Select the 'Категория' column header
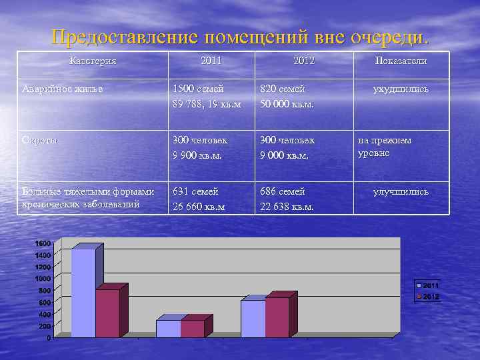coord(93,61)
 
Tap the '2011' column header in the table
coord(211,61)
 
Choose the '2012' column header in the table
coord(303,61)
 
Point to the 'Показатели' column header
coord(401,61)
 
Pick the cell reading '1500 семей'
coord(198,89)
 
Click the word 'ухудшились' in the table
coord(401,89)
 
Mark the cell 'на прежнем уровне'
coord(385,147)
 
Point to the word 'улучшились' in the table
coord(401,192)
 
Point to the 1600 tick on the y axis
coord(43,243)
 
